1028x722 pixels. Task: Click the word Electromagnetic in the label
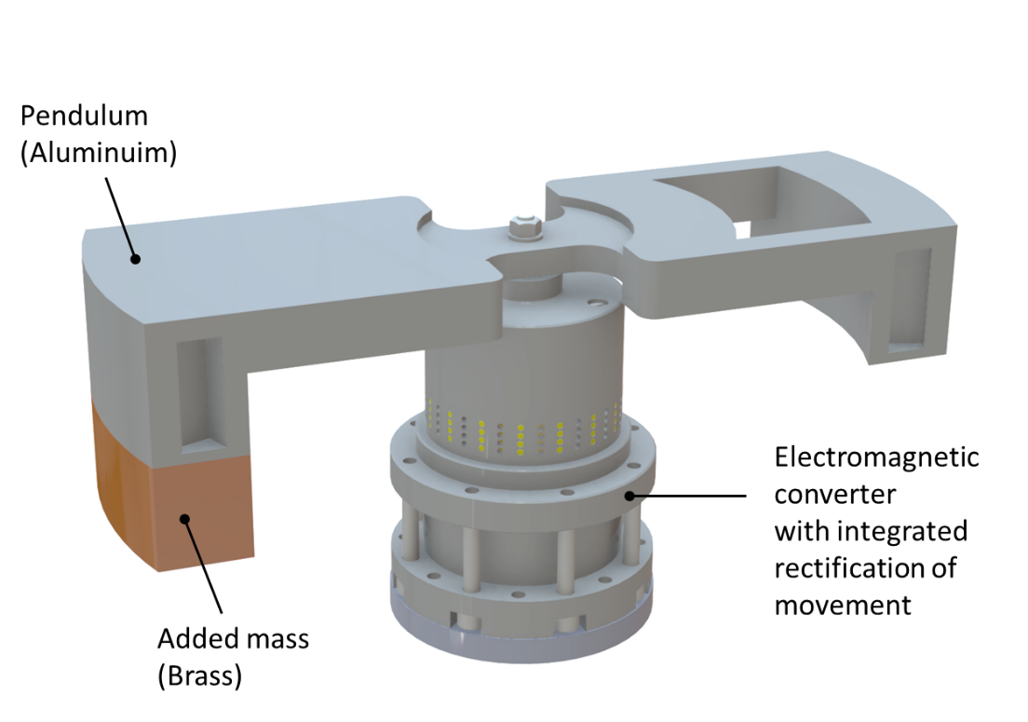[x=876, y=457]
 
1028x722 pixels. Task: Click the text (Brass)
[x=199, y=675]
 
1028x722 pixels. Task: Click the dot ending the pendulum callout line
[x=136, y=258]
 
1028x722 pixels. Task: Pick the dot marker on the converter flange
[x=630, y=496]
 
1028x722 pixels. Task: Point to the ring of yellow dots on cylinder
[x=521, y=429]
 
